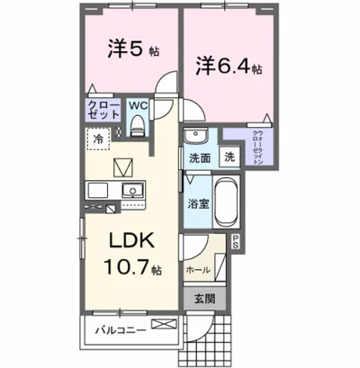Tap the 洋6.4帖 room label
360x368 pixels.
229,66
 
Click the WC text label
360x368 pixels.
138,105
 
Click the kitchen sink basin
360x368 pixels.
133,190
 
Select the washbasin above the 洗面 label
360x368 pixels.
195,137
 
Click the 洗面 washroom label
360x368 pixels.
199,158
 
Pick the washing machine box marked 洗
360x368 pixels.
229,157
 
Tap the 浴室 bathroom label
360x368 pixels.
198,204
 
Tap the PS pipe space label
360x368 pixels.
236,240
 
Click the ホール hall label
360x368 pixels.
198,269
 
